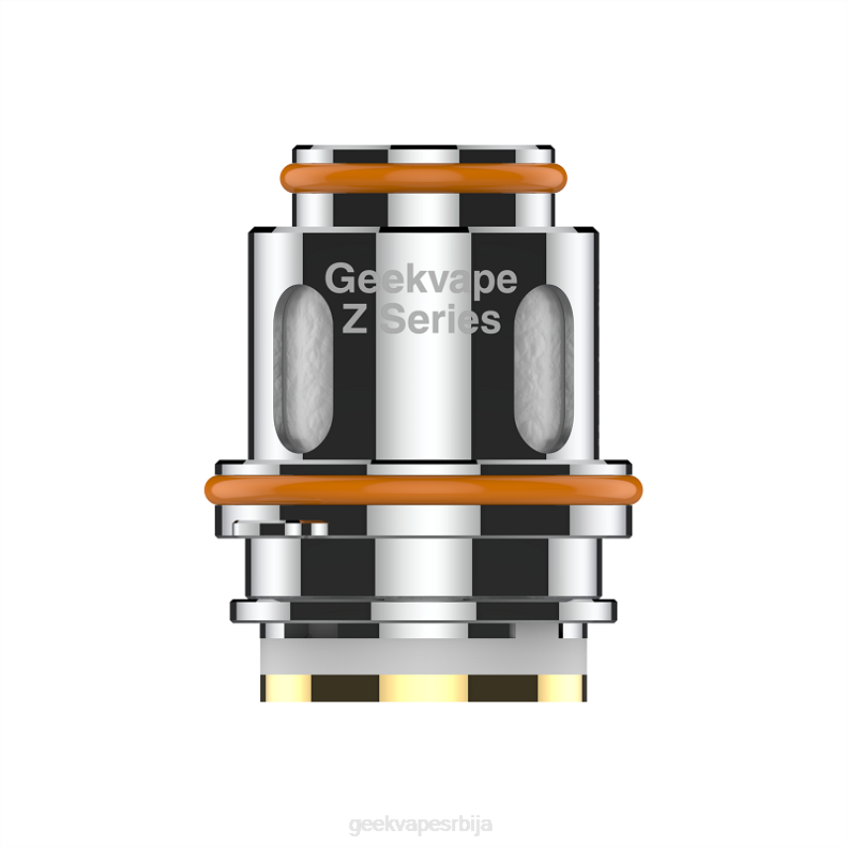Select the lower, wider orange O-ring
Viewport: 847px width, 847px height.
click(423, 487)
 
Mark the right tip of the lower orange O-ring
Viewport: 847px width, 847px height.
click(638, 487)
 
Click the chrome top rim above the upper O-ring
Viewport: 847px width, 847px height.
click(423, 152)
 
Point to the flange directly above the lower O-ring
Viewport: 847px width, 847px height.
click(423, 462)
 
